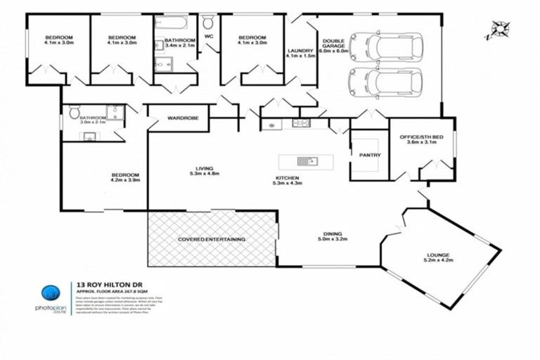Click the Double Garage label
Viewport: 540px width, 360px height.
pos(333,46)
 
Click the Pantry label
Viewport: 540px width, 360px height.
pos(369,155)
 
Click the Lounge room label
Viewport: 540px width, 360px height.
pos(438,257)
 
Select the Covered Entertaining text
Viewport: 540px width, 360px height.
pos(211,240)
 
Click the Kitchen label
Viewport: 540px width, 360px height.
pos(287,181)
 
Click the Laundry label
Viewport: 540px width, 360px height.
pos(301,54)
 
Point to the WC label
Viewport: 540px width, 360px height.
pos(209,36)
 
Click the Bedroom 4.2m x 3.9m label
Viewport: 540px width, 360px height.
pos(125,177)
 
